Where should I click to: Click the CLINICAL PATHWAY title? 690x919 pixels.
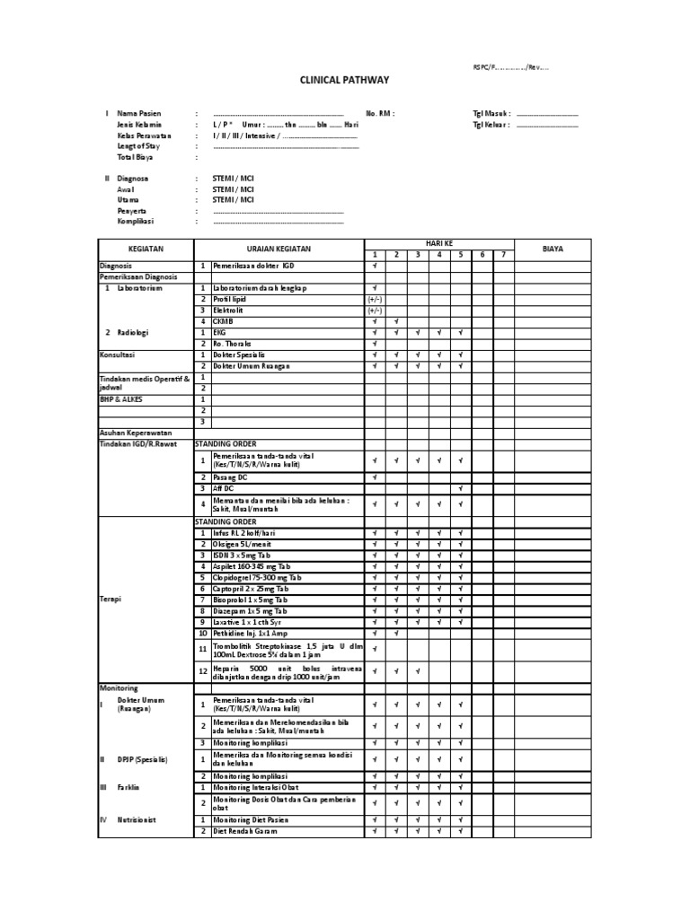click(x=344, y=80)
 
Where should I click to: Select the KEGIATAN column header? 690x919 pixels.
click(x=145, y=249)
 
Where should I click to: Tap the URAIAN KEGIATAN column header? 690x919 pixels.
click(x=279, y=249)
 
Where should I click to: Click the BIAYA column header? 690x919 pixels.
click(x=553, y=249)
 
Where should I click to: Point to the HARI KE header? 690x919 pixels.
click(x=438, y=243)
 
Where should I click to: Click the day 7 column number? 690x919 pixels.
click(x=504, y=255)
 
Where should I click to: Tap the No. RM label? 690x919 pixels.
click(x=380, y=114)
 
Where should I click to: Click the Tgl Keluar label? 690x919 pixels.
click(x=491, y=125)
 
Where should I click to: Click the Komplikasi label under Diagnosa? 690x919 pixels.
click(x=136, y=221)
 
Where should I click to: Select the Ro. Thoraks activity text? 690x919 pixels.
click(x=233, y=344)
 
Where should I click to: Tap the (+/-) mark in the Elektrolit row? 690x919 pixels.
click(x=374, y=310)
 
